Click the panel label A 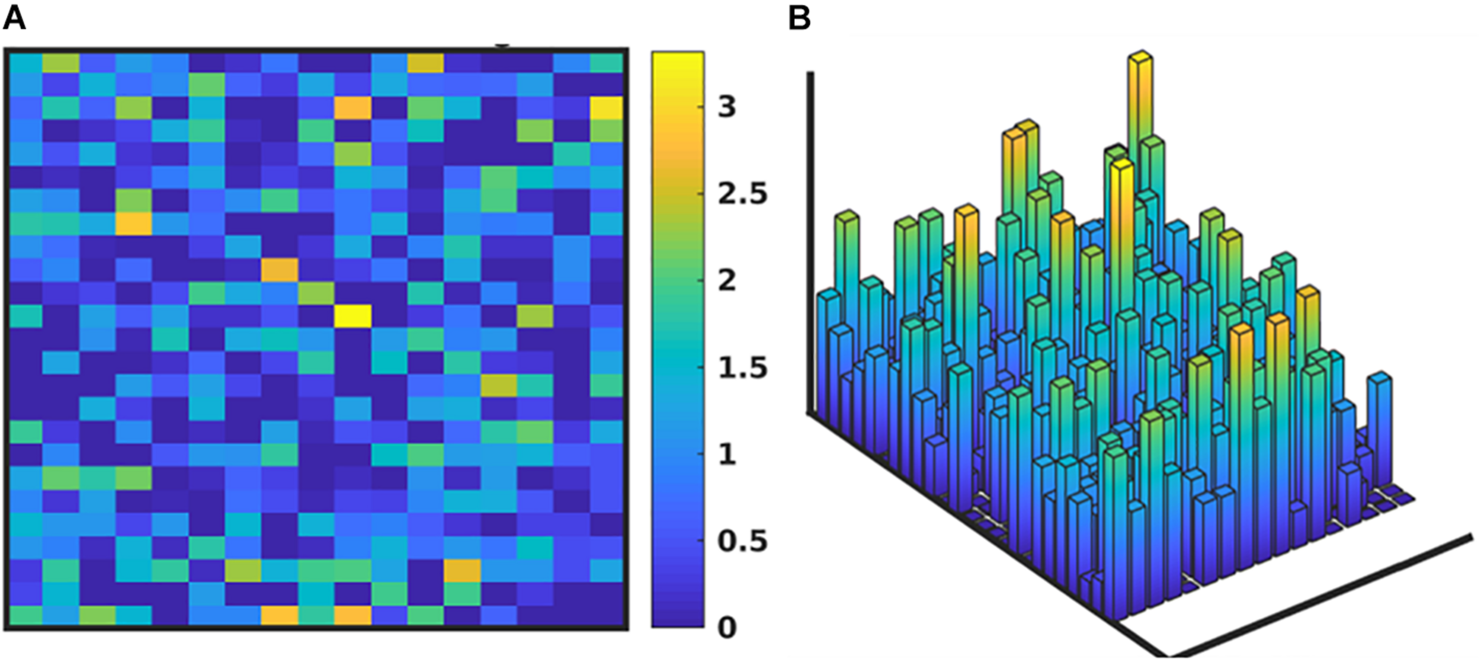point(14,18)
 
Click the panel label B point(799,18)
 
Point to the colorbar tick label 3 point(726,107)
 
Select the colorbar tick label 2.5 point(742,194)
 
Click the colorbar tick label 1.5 point(742,368)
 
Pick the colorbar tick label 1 point(726,455)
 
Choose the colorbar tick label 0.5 point(742,541)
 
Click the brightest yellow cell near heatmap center point(352,316)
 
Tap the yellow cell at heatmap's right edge point(607,108)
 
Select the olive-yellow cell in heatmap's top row point(425,63)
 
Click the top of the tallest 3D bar point(1140,57)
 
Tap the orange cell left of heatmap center point(280,270)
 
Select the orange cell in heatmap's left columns point(133,224)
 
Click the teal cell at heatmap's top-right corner point(607,63)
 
